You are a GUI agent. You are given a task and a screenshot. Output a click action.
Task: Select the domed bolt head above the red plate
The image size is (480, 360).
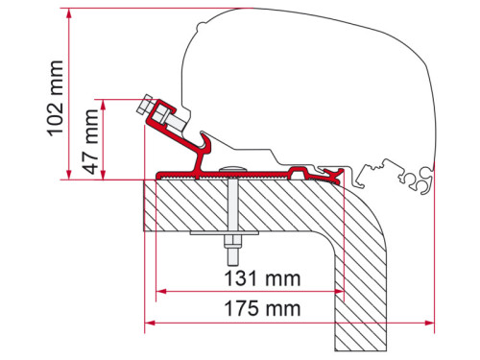click(x=233, y=171)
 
